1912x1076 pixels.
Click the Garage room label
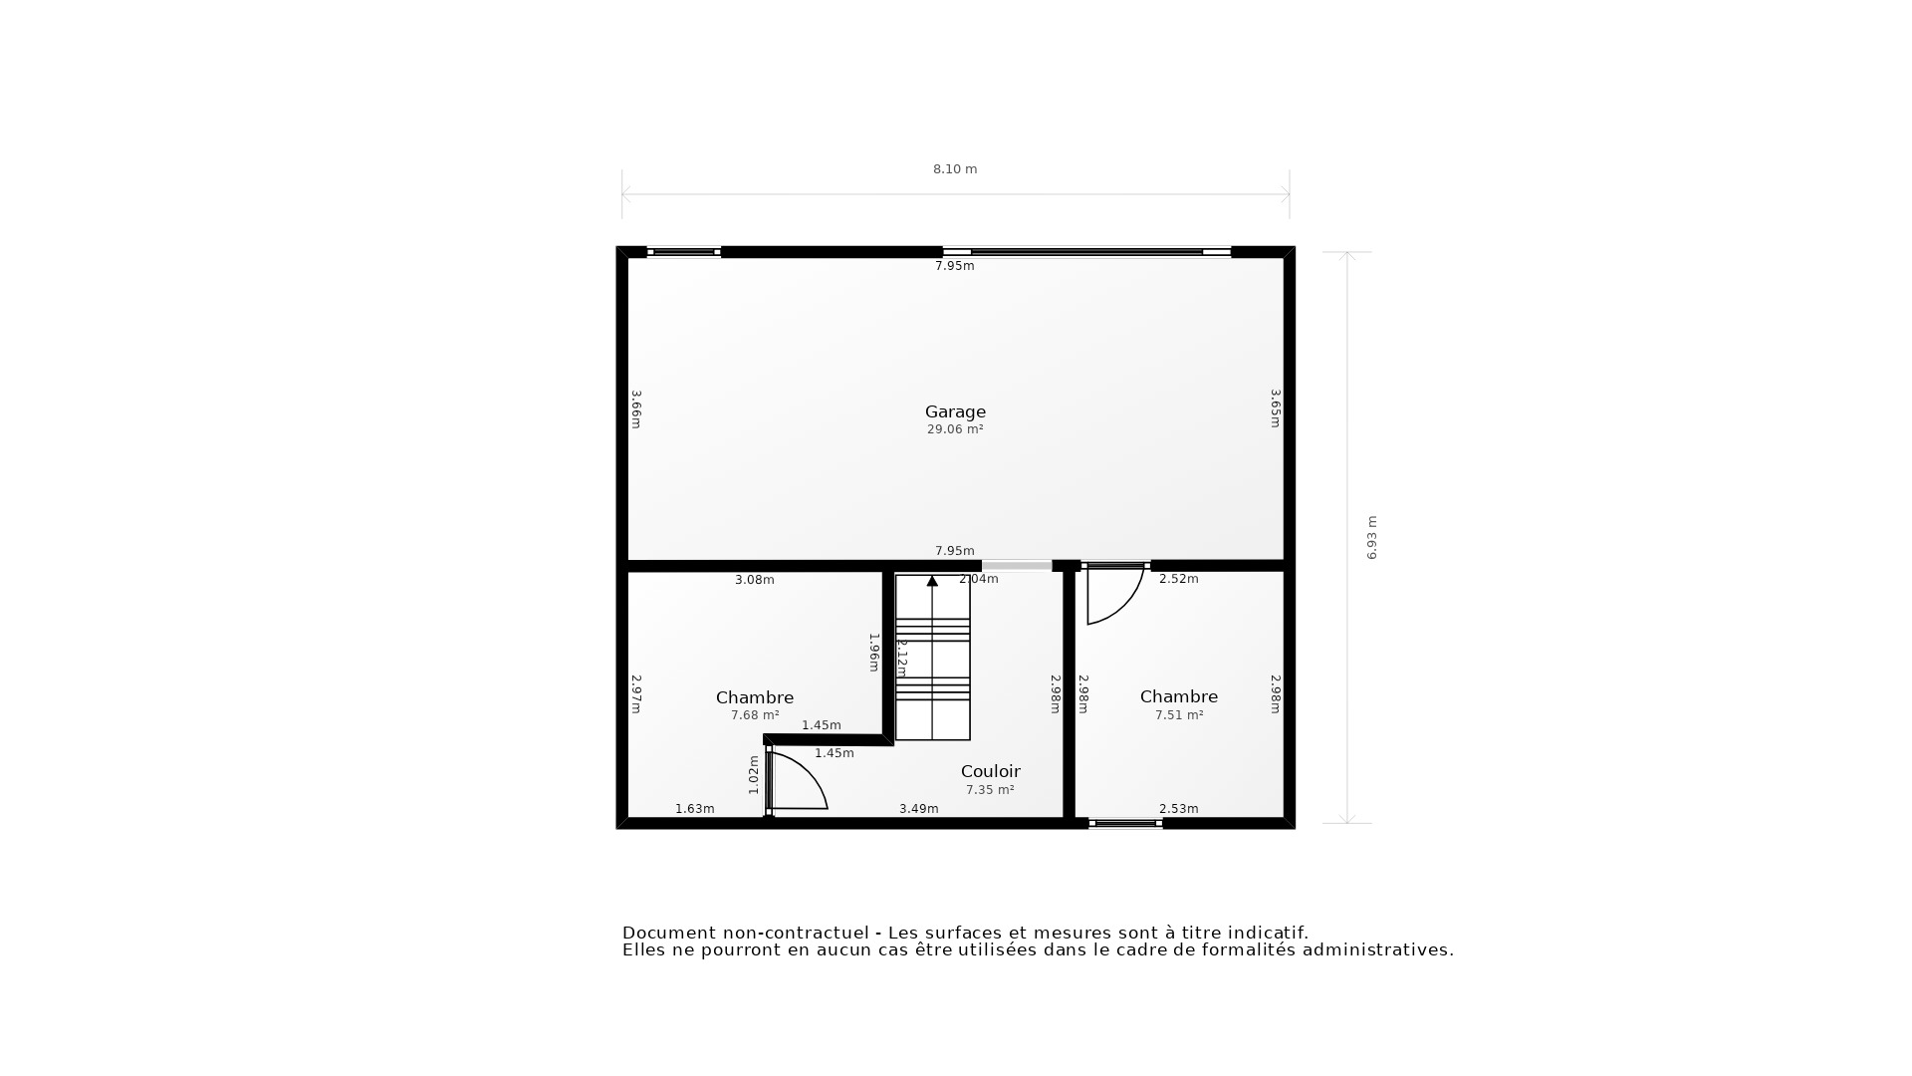click(955, 411)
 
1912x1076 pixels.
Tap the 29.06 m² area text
click(955, 429)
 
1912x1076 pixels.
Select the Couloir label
click(990, 771)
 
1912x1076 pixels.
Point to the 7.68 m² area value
click(755, 715)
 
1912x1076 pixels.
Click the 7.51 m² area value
click(1179, 715)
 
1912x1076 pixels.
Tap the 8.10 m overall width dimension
click(954, 169)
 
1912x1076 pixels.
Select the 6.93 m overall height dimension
click(1371, 537)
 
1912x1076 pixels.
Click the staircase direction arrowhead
click(932, 581)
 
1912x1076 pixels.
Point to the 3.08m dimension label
click(754, 580)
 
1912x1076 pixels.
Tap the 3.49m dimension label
click(918, 809)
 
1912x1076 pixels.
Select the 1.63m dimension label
click(694, 809)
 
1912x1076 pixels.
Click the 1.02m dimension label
click(754, 775)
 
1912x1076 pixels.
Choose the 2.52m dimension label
click(1178, 579)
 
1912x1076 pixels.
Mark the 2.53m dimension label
click(1178, 809)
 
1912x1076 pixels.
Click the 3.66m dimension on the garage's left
click(635, 408)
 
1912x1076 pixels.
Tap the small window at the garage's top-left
click(683, 252)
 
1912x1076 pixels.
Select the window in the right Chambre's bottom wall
click(1125, 824)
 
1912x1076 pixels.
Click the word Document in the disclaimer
click(669, 934)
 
